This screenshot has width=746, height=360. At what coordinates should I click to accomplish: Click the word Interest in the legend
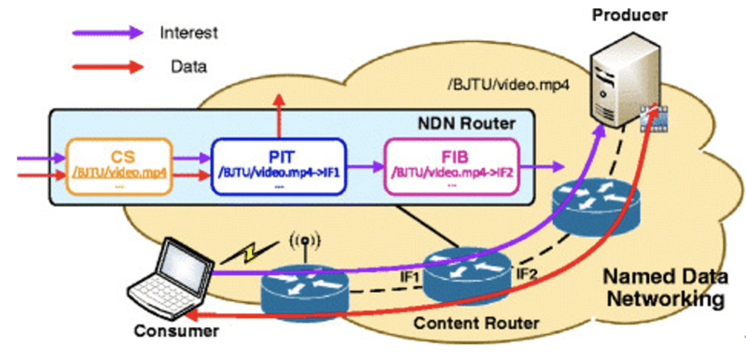pos(189,34)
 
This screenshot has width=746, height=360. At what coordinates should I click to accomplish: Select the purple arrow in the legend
pos(106,34)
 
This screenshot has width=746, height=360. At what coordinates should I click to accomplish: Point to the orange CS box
pos(118,167)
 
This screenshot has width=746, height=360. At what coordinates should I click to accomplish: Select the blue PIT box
pos(280,167)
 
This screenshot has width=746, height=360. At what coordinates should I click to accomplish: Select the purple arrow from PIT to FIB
pos(365,168)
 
